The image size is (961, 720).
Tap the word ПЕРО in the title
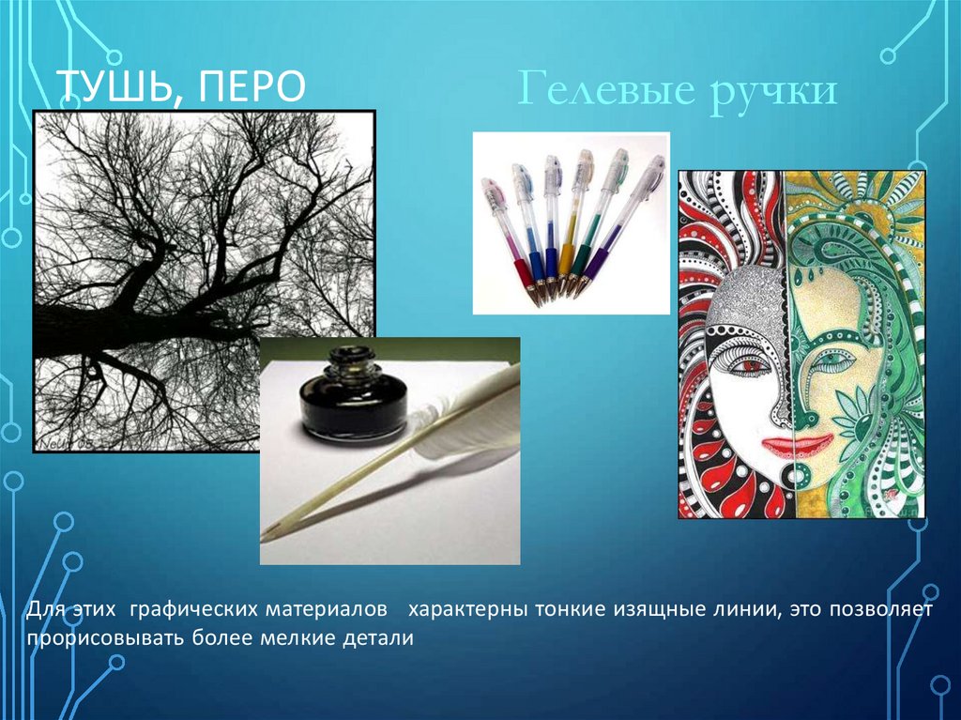(251, 86)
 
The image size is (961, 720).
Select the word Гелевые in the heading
(607, 90)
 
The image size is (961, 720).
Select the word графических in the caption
(196, 610)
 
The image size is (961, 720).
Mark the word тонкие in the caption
(571, 609)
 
